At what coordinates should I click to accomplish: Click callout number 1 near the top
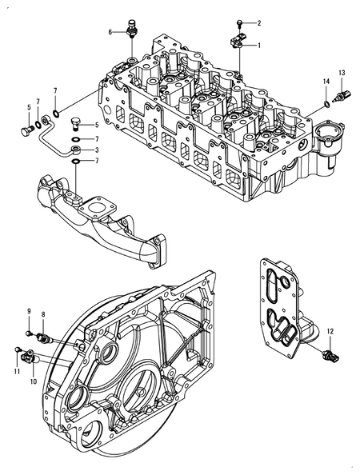click(x=258, y=47)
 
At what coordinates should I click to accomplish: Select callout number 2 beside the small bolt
click(x=258, y=22)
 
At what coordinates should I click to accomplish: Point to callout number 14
click(x=326, y=82)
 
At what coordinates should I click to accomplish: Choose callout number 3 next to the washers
click(x=96, y=150)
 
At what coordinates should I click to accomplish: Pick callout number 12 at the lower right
click(x=330, y=329)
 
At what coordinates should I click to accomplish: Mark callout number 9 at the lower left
click(x=29, y=310)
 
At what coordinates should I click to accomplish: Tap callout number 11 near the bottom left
click(x=16, y=373)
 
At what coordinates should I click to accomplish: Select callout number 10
click(x=33, y=382)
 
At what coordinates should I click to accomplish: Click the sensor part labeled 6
click(x=132, y=30)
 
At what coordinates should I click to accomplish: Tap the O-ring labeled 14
click(x=328, y=102)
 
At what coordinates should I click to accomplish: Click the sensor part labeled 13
click(x=343, y=94)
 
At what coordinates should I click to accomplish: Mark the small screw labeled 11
click(x=18, y=349)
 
